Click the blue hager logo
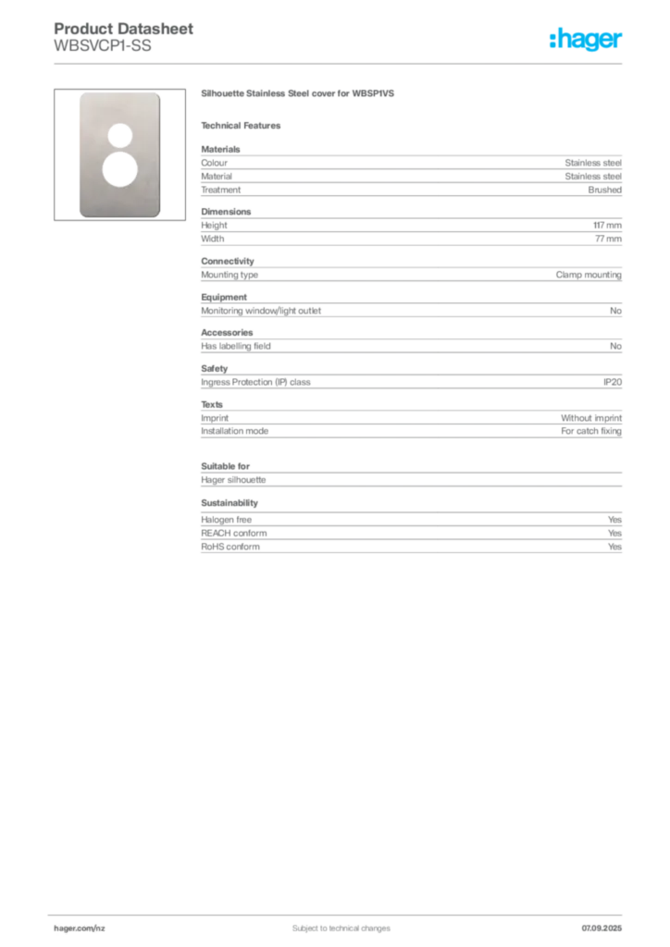click(x=587, y=40)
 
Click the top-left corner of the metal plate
click(x=77, y=93)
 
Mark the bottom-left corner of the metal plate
click(x=77, y=215)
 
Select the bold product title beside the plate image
click(x=299, y=93)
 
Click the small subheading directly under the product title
click(x=244, y=126)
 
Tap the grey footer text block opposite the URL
click(x=602, y=922)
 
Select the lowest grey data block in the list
click(x=410, y=535)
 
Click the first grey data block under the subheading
click(x=410, y=172)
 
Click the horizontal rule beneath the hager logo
click(x=340, y=63)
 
